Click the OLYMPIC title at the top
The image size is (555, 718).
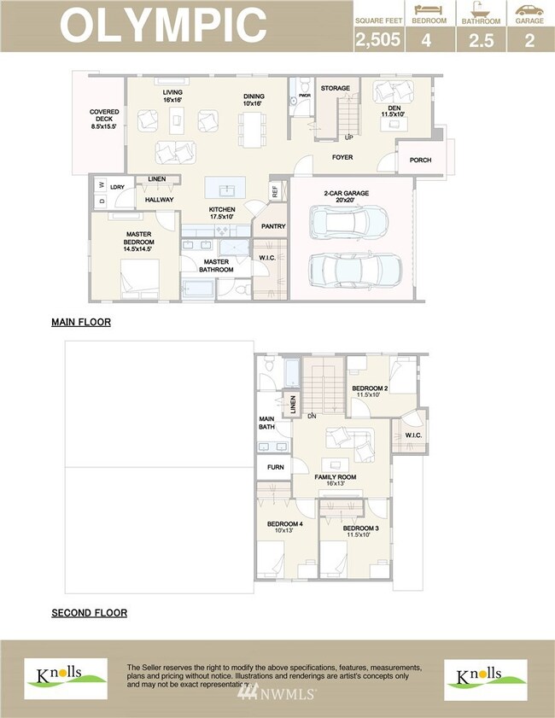162,25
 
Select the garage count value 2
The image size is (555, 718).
529,39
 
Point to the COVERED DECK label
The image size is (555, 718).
104,119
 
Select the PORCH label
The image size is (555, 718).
420,160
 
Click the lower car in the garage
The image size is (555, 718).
356,271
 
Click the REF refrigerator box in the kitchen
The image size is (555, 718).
275,191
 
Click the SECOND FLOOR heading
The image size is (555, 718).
89,613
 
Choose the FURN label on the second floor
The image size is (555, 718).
275,467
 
